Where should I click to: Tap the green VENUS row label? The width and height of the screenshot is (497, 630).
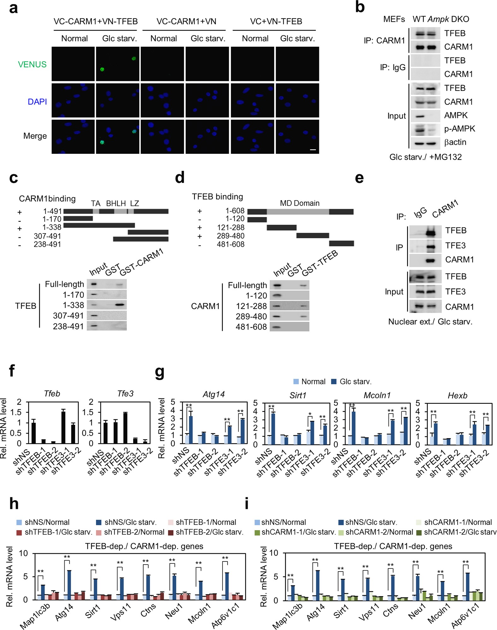[32, 64]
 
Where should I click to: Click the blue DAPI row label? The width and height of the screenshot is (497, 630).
[37, 102]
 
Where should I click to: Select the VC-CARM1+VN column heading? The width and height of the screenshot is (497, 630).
[186, 21]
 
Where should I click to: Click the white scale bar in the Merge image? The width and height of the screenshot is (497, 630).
[313, 150]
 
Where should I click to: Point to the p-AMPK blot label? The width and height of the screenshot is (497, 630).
[459, 129]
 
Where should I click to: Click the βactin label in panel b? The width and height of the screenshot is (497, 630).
[455, 142]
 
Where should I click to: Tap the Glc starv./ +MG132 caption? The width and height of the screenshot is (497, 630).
[425, 157]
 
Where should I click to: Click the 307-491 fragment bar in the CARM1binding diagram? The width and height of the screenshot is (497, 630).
[148, 232]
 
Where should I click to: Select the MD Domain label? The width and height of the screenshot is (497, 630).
[300, 203]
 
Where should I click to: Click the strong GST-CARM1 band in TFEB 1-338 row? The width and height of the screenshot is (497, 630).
[120, 305]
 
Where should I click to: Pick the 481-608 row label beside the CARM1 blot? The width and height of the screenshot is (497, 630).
[251, 327]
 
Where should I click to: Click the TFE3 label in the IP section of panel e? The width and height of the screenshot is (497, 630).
[455, 246]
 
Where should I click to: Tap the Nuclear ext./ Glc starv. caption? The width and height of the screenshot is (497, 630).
[430, 322]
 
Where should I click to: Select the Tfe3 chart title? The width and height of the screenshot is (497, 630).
[125, 394]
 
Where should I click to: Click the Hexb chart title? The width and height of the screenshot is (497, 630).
[457, 395]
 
